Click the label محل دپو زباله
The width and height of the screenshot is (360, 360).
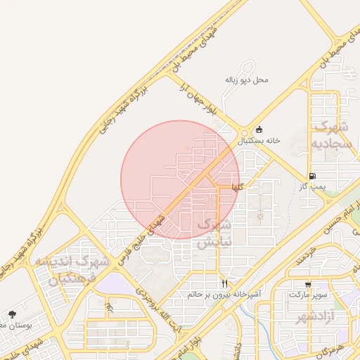click(247, 80)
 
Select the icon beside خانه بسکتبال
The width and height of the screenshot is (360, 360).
click(259, 129)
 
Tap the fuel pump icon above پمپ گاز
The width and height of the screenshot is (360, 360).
click(312, 176)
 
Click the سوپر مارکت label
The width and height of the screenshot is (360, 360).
click(308, 295)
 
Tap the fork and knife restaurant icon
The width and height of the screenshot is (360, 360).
click(225, 283)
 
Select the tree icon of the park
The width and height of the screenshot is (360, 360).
click(12, 314)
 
